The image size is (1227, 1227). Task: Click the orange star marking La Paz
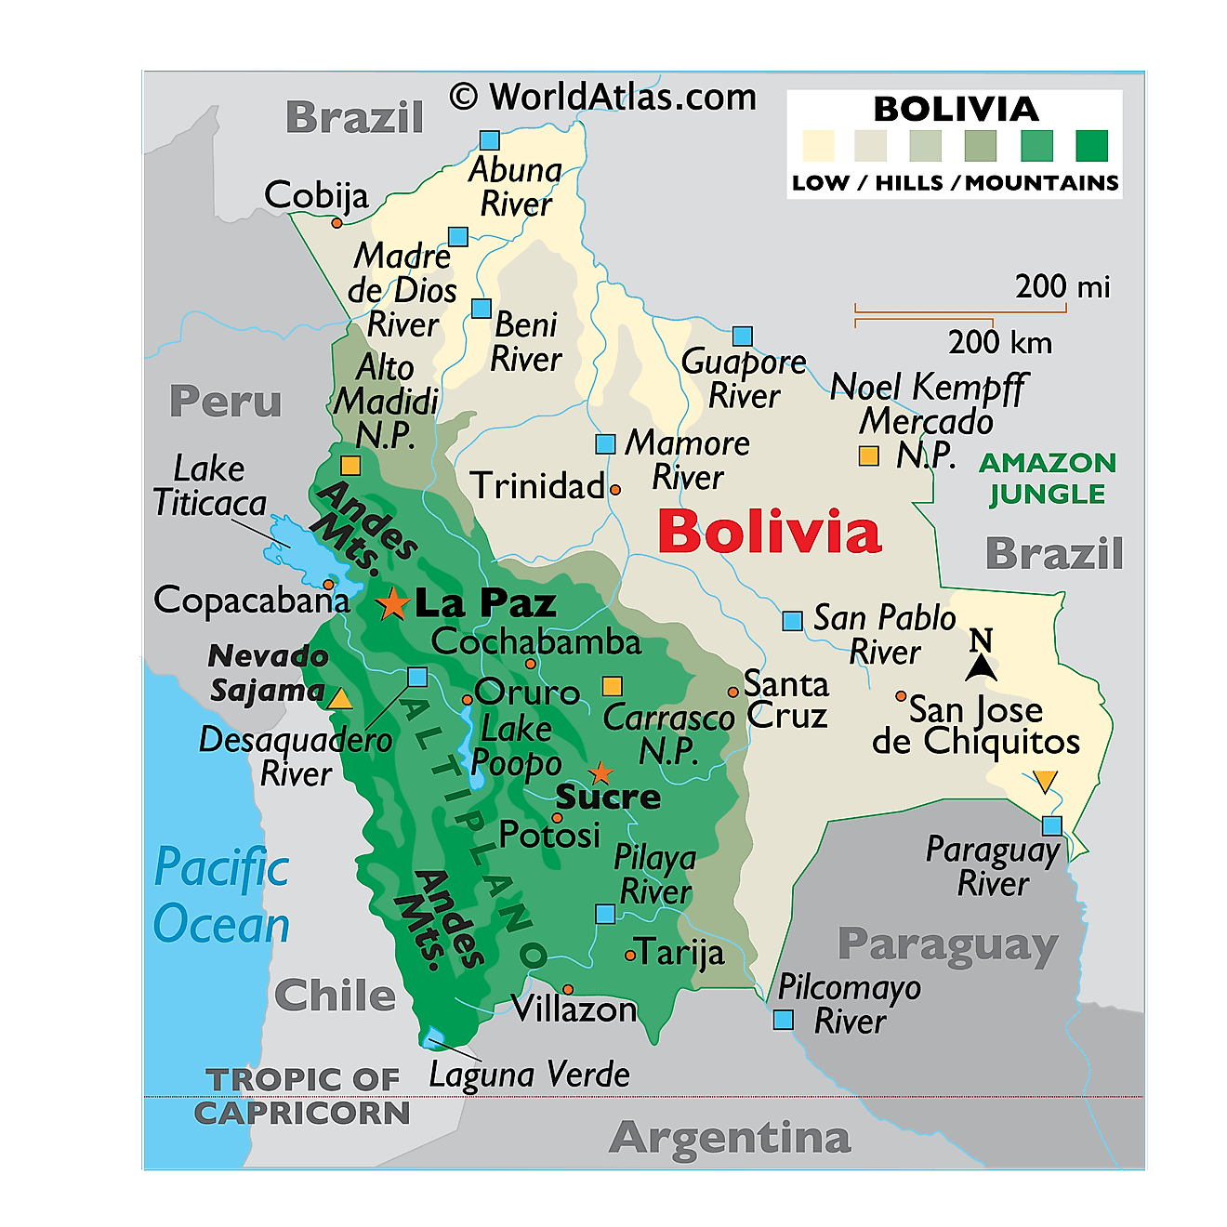393,604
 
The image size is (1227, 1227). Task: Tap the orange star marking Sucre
601,773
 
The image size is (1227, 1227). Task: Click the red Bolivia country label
769,533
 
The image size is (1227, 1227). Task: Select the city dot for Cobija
336,223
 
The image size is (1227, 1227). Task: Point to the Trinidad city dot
614,489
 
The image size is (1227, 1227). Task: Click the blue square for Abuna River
490,140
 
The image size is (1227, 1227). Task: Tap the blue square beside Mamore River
605,444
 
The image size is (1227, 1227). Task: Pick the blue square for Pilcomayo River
784,1021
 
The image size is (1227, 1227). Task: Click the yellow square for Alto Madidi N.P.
350,465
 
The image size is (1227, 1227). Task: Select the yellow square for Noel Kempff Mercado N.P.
868,456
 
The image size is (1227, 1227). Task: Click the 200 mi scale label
1062,286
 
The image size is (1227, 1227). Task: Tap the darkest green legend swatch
1092,146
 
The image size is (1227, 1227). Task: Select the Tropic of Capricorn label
302,1096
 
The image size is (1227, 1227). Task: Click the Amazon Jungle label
1048,478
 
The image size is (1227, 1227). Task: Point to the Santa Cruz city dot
733,692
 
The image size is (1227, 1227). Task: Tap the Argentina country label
730,1138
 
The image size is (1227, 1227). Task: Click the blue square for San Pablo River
792,621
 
